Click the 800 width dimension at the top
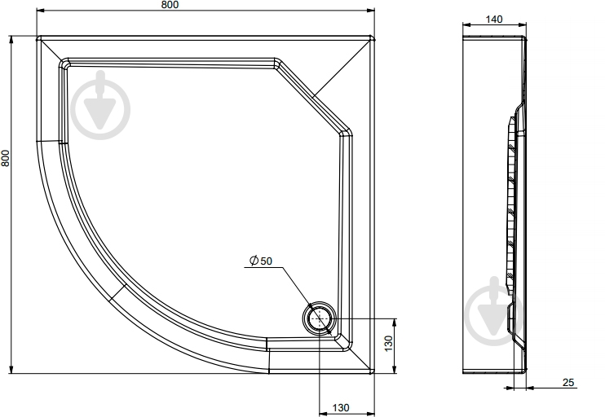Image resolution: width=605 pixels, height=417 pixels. point(170,5)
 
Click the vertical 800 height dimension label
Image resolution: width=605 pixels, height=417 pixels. point(5,158)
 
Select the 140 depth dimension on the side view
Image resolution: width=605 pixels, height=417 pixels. point(494,19)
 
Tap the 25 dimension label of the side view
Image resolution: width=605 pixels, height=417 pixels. point(568,382)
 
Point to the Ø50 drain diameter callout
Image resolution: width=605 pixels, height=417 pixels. point(261,261)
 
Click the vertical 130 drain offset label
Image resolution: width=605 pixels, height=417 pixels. point(389,343)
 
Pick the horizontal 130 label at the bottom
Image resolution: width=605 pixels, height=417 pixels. point(341,407)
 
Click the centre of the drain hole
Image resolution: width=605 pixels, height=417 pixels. point(320,318)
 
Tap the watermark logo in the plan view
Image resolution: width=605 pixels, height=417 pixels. point(101,105)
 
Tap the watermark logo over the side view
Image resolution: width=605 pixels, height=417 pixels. point(495,311)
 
